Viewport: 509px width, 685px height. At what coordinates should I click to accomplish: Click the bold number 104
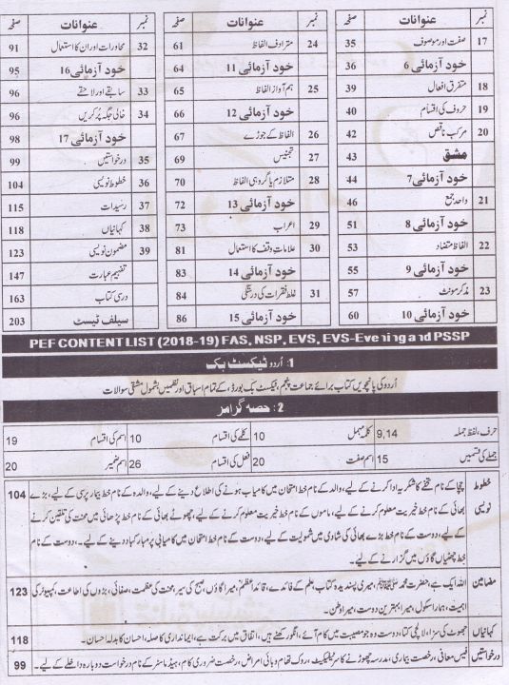tap(16, 498)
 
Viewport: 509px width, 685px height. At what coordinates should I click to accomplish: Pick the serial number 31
tap(314, 295)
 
